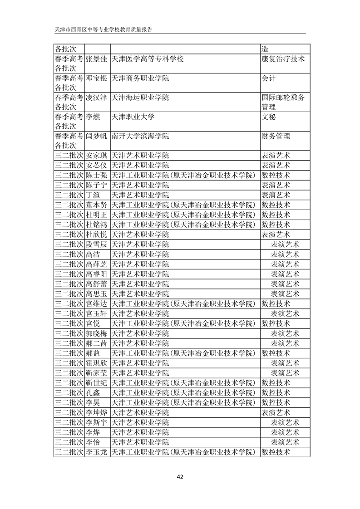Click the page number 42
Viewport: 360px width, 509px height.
pyautogui.click(x=180, y=476)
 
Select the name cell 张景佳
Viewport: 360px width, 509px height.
pyautogui.click(x=96, y=59)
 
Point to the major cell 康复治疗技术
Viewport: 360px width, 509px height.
pyautogui.click(x=283, y=59)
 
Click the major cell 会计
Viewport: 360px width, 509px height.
pyautogui.click(x=269, y=78)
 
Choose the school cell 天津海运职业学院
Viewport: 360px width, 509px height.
pyautogui.click(x=140, y=97)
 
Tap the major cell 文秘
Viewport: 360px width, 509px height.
pyautogui.click(x=269, y=117)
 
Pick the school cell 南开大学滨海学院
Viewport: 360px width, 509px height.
pyautogui.click(x=140, y=136)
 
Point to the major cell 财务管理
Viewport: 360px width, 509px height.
pyautogui.click(x=276, y=136)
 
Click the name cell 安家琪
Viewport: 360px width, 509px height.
pyautogui.click(x=96, y=155)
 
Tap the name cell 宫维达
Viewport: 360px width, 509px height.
pyautogui.click(x=96, y=303)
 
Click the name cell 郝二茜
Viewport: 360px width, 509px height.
pyautogui.click(x=96, y=343)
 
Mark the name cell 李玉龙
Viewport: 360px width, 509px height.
pyautogui.click(x=96, y=452)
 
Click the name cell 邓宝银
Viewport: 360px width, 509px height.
pyautogui.click(x=96, y=78)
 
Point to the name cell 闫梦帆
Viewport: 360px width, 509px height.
pyautogui.click(x=96, y=136)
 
